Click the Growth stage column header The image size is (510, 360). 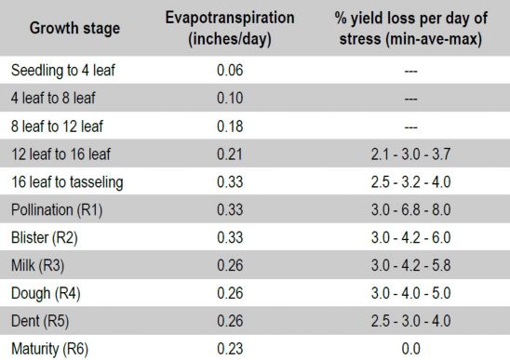coord(74,29)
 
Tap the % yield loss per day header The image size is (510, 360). coord(410,29)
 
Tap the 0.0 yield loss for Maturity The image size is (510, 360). coord(410,349)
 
